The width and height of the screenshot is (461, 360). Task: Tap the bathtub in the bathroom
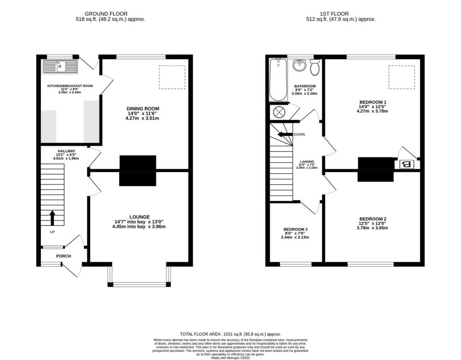(278, 80)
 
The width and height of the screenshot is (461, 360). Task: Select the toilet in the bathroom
(315, 67)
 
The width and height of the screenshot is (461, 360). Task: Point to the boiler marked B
(406, 164)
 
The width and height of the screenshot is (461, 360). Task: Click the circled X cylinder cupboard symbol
(279, 112)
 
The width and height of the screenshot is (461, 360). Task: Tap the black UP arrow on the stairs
(52, 218)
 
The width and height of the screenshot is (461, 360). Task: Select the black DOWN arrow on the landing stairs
(285, 134)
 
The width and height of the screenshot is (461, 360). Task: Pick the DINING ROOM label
(142, 108)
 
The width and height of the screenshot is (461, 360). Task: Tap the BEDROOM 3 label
(296, 229)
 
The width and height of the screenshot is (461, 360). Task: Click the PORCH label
(63, 256)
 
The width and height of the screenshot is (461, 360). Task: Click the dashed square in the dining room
(172, 77)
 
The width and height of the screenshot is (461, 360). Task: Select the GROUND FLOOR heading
(106, 14)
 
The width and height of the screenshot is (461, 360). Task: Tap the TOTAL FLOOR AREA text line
(230, 334)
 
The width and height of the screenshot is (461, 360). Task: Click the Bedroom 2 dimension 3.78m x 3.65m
(373, 228)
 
